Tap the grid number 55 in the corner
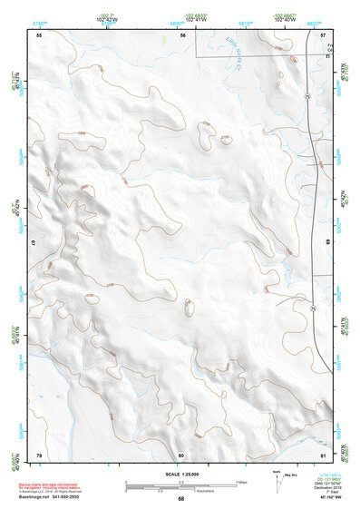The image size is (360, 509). click(39, 34)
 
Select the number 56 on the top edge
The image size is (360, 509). click(182, 34)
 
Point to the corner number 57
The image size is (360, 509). click(323, 34)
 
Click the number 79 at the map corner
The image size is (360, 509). click(39, 454)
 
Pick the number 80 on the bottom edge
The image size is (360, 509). click(181, 454)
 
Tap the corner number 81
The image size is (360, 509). click(323, 454)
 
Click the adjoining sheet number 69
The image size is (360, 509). click(326, 243)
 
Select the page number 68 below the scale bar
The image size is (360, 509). click(180, 498)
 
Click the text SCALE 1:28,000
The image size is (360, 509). click(180, 474)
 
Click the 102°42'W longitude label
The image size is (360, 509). click(107, 17)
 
